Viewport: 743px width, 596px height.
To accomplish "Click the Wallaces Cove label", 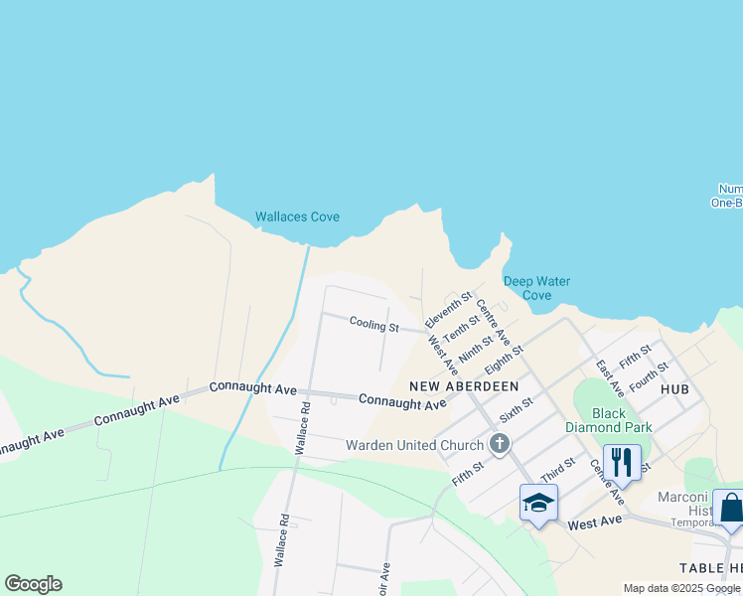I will tap(297, 217).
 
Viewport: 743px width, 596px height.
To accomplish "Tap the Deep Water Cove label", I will tap(536, 288).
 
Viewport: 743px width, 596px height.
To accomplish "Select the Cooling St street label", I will tap(373, 326).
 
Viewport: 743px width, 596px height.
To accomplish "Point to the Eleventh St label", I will tap(448, 310).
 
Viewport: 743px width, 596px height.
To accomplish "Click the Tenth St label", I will tap(461, 326).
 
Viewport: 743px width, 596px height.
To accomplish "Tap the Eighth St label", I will tap(504, 359).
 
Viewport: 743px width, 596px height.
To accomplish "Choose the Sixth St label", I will tap(517, 408).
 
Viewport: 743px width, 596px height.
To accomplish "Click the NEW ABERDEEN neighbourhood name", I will tap(464, 385).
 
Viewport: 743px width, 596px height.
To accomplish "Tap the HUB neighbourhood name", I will tap(673, 389).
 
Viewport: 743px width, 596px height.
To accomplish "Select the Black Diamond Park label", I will tap(622, 420).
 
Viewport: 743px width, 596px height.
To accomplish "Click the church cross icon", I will tap(499, 444).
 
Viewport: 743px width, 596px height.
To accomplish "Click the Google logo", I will tap(33, 584).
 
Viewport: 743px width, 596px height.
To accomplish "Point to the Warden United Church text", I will tap(414, 445).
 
